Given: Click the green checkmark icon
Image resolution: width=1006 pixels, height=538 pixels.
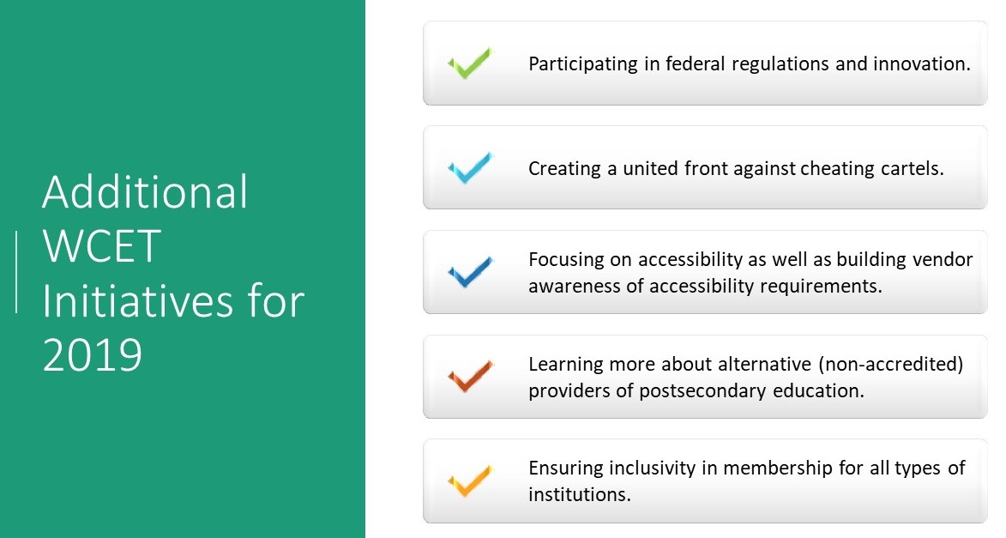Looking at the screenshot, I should pos(469,64).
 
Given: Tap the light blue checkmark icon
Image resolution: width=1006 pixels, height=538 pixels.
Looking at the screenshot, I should pos(469,168).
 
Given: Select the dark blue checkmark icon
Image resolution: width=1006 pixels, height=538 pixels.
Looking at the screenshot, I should pos(469,273).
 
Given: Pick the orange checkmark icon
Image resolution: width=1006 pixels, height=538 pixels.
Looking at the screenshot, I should pos(469,481).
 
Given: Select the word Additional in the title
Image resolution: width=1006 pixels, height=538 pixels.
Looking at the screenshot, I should pos(145,193).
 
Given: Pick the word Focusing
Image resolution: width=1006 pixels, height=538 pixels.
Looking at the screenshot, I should pos(565,259).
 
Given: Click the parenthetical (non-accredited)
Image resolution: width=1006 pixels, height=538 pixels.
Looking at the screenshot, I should pos(892,364).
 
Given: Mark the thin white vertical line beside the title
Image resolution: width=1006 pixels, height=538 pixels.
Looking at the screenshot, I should pos(16,271).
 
